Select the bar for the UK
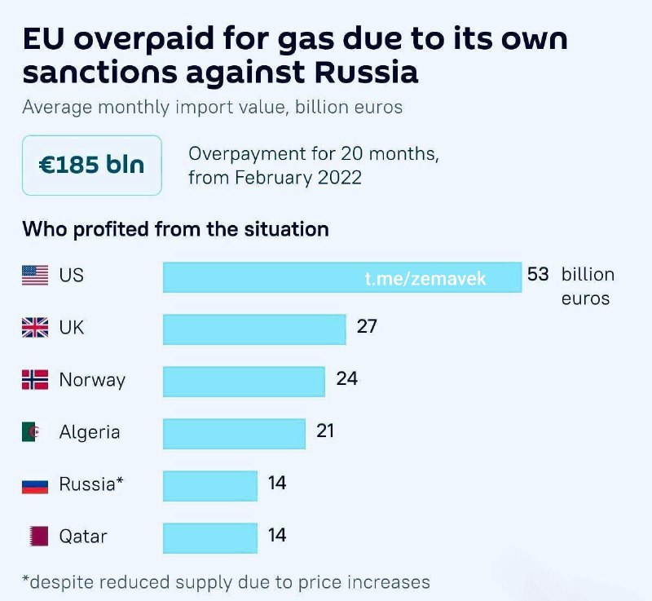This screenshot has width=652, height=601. pyautogui.click(x=255, y=329)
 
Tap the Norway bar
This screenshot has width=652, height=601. pyautogui.click(x=244, y=381)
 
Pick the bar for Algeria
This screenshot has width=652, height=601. pyautogui.click(x=234, y=433)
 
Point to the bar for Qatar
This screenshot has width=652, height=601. pyautogui.click(x=210, y=537)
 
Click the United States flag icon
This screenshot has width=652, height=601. pyautogui.click(x=35, y=276)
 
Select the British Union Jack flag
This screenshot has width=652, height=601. pyautogui.click(x=35, y=328)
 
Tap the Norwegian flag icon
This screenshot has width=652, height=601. pyautogui.click(x=35, y=380)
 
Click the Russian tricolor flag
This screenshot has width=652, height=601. pyautogui.click(x=35, y=484)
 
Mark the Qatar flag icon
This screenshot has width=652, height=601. pyautogui.click(x=35, y=537)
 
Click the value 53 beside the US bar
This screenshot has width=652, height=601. pyautogui.click(x=538, y=274)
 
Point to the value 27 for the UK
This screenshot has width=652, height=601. pyautogui.click(x=367, y=326)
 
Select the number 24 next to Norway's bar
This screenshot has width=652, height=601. pyautogui.click(x=347, y=378)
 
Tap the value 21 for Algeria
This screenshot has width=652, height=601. pyautogui.click(x=326, y=431)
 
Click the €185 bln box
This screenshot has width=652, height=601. pyautogui.click(x=91, y=165)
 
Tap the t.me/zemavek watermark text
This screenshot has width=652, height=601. pyautogui.click(x=425, y=279)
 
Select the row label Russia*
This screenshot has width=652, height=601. pyautogui.click(x=91, y=484)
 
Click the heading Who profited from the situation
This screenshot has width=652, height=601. pyautogui.click(x=175, y=229)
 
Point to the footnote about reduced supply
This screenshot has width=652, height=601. pyautogui.click(x=226, y=582)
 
